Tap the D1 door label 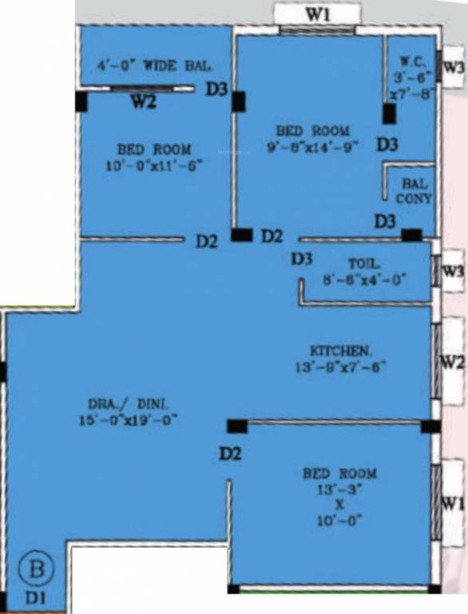point(35,596)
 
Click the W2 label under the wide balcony point(144,102)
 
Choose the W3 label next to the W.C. point(453,69)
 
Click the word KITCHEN point(340,351)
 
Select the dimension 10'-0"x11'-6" point(154,165)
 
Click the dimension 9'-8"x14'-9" point(312,146)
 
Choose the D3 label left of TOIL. point(301,258)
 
